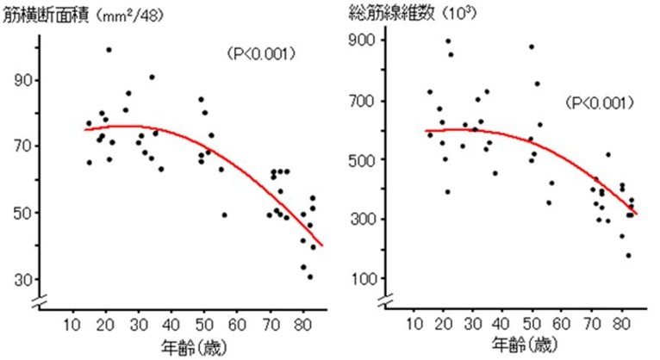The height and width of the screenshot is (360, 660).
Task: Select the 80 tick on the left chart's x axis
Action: coord(302,326)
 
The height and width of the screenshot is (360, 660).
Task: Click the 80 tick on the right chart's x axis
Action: coord(622,326)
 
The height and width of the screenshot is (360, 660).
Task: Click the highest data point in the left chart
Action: coord(109,50)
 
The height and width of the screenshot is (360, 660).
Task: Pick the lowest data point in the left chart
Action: coord(309,276)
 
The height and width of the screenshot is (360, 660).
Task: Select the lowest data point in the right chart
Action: coord(628,255)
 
